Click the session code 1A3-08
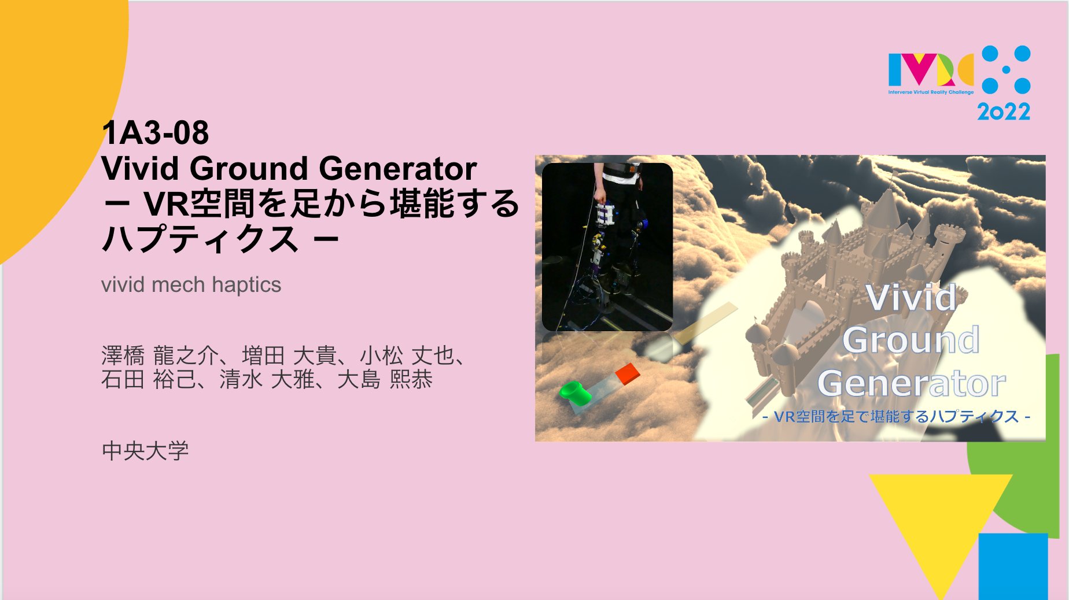[x=155, y=133]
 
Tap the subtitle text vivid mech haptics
[x=191, y=285]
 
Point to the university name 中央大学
[x=145, y=451]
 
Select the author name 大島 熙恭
[x=385, y=380]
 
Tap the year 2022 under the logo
[x=1004, y=112]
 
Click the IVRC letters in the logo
[x=930, y=70]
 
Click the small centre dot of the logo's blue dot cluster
[x=1006, y=70]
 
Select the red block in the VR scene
[x=627, y=373]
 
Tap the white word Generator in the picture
[x=912, y=383]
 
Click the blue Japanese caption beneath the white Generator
[x=896, y=417]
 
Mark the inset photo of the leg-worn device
[x=607, y=247]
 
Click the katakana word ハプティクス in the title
[x=200, y=239]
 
